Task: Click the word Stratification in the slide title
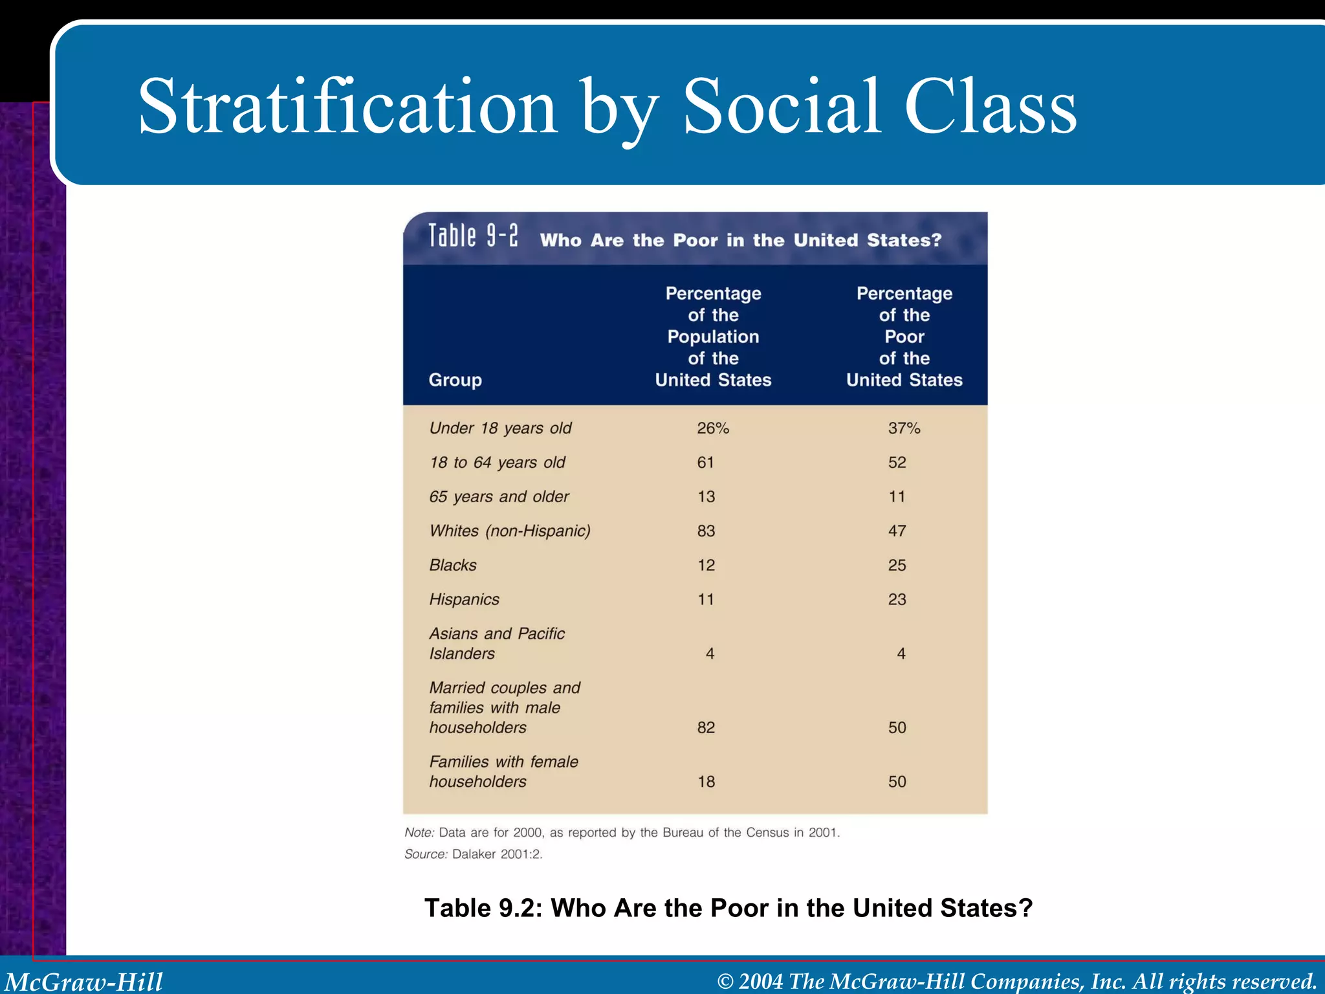click(x=347, y=106)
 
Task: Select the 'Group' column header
click(x=455, y=380)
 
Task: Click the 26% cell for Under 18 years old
click(x=712, y=428)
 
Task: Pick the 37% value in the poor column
click(x=904, y=428)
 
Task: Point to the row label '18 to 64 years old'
click(x=497, y=463)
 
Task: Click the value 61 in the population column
click(x=705, y=463)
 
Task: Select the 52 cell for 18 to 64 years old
click(x=897, y=463)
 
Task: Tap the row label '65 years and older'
click(x=499, y=497)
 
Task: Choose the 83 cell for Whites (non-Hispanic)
click(x=706, y=531)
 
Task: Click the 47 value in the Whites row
click(x=897, y=531)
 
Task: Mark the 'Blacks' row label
click(x=453, y=566)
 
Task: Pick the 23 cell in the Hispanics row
click(x=897, y=600)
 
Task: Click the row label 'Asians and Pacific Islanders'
click(x=496, y=643)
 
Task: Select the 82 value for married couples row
click(x=706, y=728)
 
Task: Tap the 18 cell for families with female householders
click(x=706, y=782)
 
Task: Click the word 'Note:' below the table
click(x=419, y=833)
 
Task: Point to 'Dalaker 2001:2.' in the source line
click(x=497, y=854)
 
